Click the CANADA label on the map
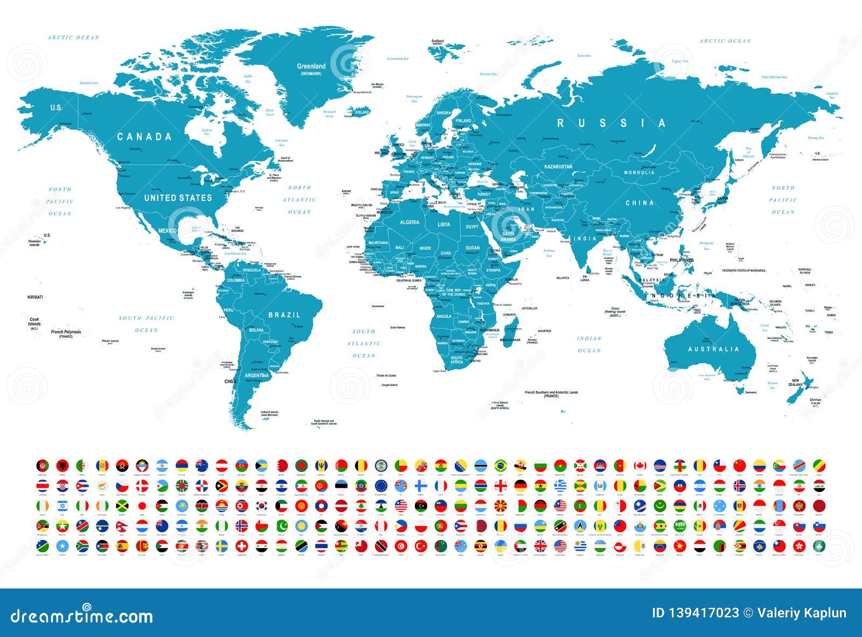(144, 137)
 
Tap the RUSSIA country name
(611, 123)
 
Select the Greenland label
(311, 66)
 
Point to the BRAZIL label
(284, 315)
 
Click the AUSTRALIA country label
(713, 349)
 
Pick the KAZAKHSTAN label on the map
(558, 167)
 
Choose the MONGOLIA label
(639, 172)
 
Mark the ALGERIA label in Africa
(409, 222)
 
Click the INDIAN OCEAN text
(589, 344)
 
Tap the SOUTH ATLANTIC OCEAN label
(364, 343)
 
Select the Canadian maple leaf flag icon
(639, 465)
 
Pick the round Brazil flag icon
(501, 465)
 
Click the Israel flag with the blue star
(62, 506)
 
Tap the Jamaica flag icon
(122, 506)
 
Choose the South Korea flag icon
(262, 506)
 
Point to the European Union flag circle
(381, 485)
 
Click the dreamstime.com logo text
(82, 616)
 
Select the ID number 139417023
(695, 613)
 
